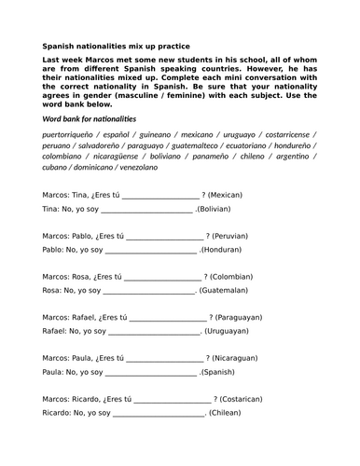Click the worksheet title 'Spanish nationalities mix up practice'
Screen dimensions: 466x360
tap(116, 45)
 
